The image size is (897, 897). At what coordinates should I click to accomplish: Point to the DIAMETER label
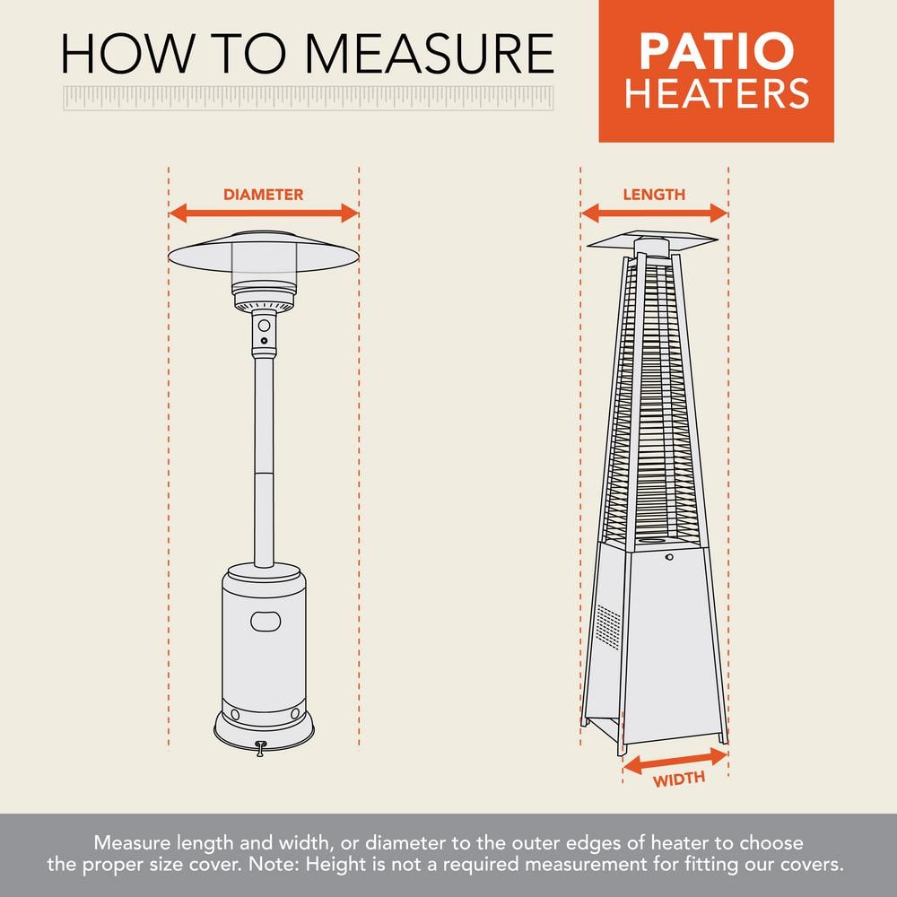pyautogui.click(x=263, y=194)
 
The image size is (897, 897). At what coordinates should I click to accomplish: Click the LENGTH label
pyautogui.click(x=654, y=194)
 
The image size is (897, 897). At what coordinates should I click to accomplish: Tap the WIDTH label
pyautogui.click(x=678, y=779)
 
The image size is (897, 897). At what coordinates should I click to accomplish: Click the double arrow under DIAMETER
pyautogui.click(x=264, y=213)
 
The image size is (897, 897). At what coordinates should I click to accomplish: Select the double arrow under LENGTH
pyautogui.click(x=654, y=213)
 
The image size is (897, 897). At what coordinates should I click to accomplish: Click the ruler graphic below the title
pyautogui.click(x=309, y=99)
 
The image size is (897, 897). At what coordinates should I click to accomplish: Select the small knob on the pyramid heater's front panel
pyautogui.click(x=669, y=557)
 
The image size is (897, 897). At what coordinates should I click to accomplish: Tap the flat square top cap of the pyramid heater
pyautogui.click(x=652, y=239)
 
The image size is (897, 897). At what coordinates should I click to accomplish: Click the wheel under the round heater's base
pyautogui.click(x=261, y=746)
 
